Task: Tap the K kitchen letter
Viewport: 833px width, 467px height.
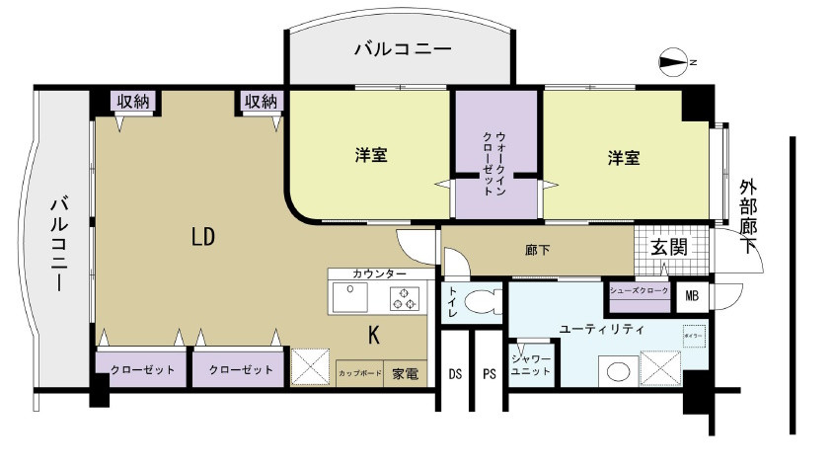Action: coord(374,335)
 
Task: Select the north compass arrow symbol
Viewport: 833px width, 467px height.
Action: coord(674,62)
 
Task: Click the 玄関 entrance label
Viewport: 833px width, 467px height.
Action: coord(668,246)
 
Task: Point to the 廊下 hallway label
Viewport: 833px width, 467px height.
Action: coord(538,251)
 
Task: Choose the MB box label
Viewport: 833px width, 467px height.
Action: coord(691,292)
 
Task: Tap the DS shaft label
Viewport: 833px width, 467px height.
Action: coord(455,374)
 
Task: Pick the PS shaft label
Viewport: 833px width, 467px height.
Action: coord(489,374)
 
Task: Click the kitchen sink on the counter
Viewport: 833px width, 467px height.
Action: coord(350,296)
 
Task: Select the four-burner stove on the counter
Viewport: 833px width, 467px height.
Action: coord(406,296)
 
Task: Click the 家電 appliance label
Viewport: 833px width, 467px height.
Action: coord(405,374)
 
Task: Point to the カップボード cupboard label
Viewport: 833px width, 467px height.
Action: coord(359,374)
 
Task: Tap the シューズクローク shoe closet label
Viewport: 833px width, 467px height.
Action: coord(638,290)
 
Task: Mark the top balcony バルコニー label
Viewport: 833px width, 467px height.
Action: coord(402,48)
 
